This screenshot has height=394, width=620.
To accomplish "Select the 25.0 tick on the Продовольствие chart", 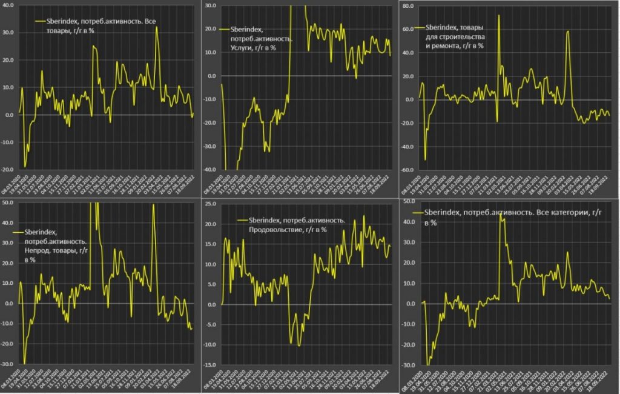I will (211, 203).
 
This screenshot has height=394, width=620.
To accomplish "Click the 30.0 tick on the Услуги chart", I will (211, 5).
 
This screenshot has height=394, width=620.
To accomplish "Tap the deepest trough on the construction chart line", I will (425, 160).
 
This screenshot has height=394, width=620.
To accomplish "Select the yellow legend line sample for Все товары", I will (41, 22).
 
